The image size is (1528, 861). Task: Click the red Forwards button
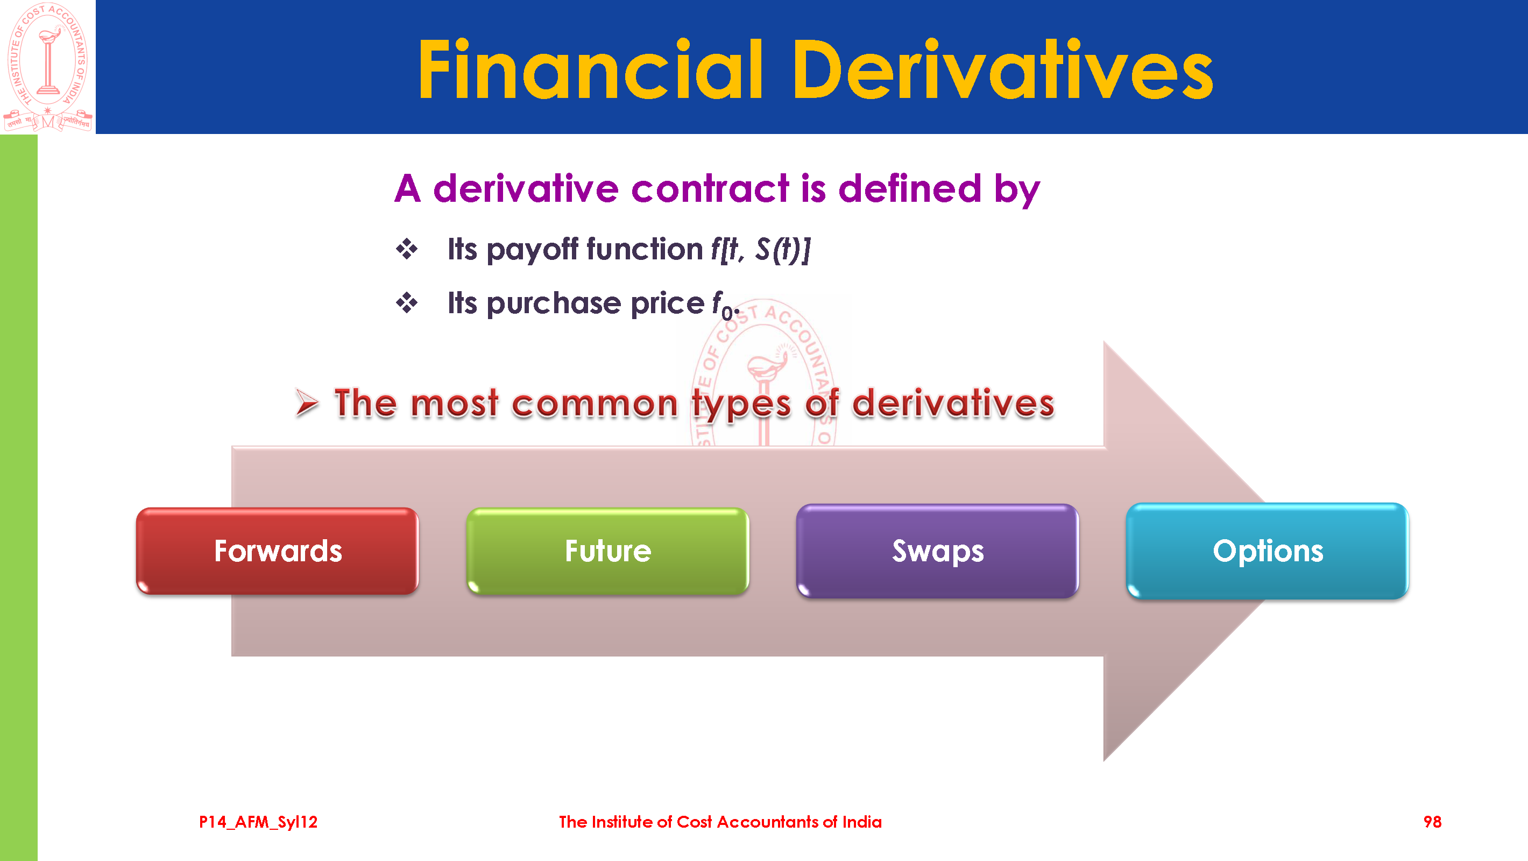click(x=278, y=551)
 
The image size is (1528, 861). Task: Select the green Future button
click(x=608, y=551)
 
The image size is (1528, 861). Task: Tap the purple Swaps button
click(x=938, y=551)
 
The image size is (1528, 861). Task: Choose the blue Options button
click(x=1268, y=551)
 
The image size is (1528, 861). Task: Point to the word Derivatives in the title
click(x=1003, y=69)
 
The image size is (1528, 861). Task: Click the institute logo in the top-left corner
click(x=48, y=67)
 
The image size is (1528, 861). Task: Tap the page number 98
click(x=1432, y=822)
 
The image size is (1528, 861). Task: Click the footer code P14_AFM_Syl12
click(x=258, y=822)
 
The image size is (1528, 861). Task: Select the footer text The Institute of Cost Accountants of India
click(x=720, y=822)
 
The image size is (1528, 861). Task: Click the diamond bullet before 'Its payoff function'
click(x=407, y=249)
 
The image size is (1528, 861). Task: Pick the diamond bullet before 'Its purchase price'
click(x=407, y=303)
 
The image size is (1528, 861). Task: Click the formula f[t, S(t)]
click(x=761, y=249)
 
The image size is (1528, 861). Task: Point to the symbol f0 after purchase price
click(x=725, y=305)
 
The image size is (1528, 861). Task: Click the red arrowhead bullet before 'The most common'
click(x=307, y=404)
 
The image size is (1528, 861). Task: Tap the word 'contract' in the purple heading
click(x=711, y=189)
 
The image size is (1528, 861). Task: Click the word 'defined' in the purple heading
click(x=910, y=189)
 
